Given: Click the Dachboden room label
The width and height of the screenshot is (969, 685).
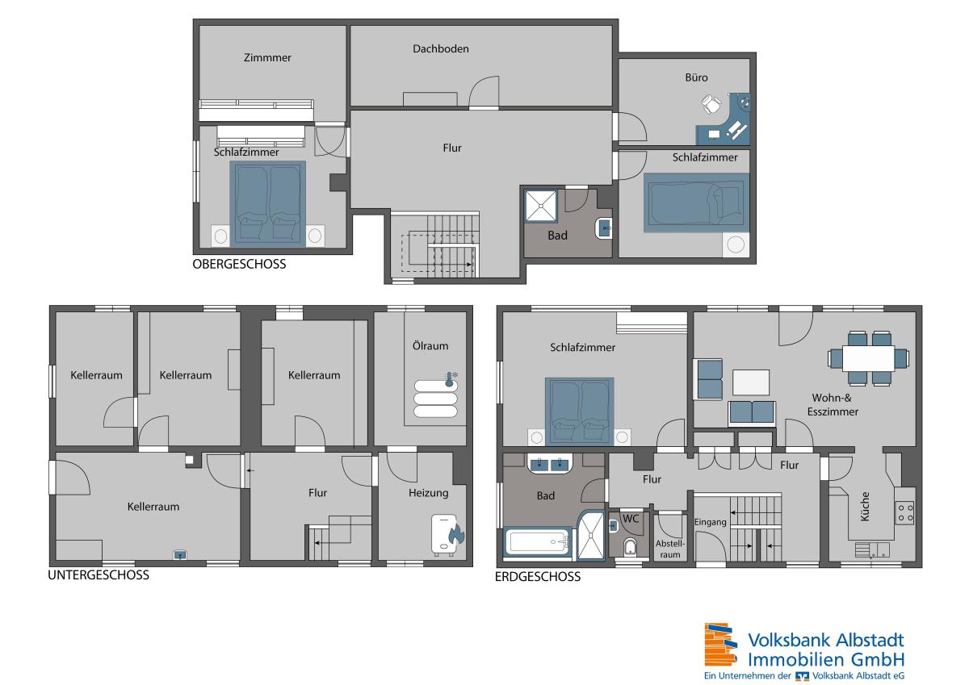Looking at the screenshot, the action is [x=440, y=49].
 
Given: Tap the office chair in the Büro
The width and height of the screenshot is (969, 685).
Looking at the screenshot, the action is [x=711, y=104].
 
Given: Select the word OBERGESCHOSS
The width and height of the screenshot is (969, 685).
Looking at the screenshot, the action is [x=239, y=264].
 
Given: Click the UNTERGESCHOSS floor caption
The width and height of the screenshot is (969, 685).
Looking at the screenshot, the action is [x=99, y=574].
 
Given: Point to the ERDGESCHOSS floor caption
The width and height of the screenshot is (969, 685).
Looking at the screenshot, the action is [x=538, y=577].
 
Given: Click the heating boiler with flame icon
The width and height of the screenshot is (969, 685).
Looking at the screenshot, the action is [x=447, y=535].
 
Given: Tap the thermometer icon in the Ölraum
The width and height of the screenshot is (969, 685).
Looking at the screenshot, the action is [x=451, y=378].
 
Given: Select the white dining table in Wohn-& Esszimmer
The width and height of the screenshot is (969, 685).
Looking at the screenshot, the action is [x=868, y=358].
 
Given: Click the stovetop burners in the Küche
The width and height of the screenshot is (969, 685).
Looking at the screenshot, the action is [x=905, y=512].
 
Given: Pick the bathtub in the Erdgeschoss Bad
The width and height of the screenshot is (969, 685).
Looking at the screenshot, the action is [x=538, y=541].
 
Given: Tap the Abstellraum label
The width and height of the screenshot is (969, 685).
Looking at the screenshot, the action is [x=669, y=549].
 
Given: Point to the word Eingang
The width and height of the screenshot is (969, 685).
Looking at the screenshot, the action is [x=710, y=522].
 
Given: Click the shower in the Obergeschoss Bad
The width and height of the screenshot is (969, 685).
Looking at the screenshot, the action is [x=541, y=207].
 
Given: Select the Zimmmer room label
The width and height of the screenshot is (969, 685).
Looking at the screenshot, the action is [x=267, y=57].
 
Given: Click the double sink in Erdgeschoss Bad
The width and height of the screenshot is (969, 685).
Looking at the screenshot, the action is [x=549, y=465].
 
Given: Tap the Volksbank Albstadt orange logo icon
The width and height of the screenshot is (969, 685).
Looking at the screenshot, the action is [x=720, y=645].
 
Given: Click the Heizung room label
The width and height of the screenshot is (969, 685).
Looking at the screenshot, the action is [x=428, y=493].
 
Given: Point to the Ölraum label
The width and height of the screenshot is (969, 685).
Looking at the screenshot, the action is [x=430, y=346].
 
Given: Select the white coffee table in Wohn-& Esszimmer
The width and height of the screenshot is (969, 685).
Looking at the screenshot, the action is [x=750, y=382].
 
